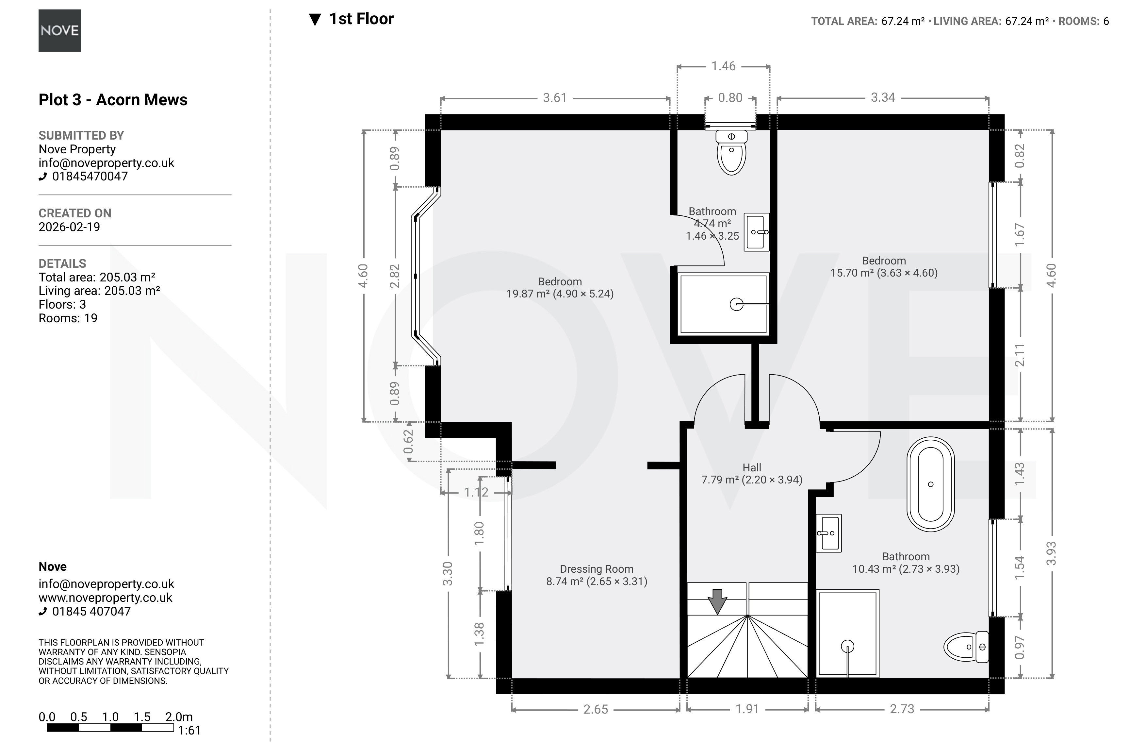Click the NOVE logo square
tap(60, 30)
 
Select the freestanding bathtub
tap(930, 484)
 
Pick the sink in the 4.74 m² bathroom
tap(757, 232)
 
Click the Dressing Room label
tap(597, 569)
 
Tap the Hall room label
tap(752, 467)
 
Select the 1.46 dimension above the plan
tap(724, 66)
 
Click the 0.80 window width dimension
tap(730, 98)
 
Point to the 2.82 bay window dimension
tap(395, 276)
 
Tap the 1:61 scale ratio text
tap(189, 731)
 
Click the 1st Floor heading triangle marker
tap(315, 20)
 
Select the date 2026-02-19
tap(69, 227)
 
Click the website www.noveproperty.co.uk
tap(106, 598)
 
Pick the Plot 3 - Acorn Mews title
tap(113, 100)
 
